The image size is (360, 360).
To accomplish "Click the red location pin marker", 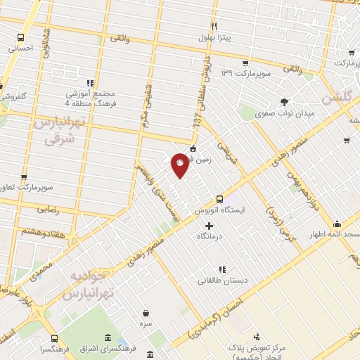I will [x=180, y=165].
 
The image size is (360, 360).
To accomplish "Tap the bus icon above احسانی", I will [x=22, y=38].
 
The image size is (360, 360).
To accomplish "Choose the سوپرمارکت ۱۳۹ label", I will [x=243, y=73].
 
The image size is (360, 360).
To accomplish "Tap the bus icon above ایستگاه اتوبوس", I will [x=219, y=198].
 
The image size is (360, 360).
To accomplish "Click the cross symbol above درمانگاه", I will [x=208, y=226].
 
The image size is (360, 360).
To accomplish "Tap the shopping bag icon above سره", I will [x=146, y=314].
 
